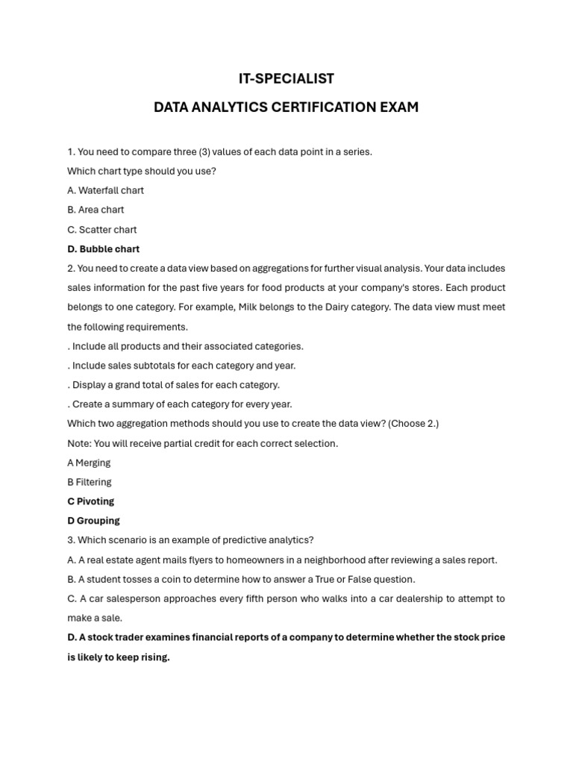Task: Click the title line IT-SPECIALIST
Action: (x=286, y=78)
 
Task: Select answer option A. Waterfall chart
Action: (x=105, y=190)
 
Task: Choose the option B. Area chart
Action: (x=95, y=210)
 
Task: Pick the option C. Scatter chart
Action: (x=101, y=230)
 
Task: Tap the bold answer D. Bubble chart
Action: (x=103, y=249)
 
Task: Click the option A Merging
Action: (x=89, y=463)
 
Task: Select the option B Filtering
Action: (x=90, y=482)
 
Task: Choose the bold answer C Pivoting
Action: (x=90, y=501)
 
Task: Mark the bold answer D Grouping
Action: (x=93, y=521)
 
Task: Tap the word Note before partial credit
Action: (x=78, y=443)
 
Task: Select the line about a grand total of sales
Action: (x=173, y=385)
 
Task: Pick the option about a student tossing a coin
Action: (x=241, y=579)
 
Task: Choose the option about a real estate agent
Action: (x=282, y=560)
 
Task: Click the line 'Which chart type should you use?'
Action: (x=142, y=171)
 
